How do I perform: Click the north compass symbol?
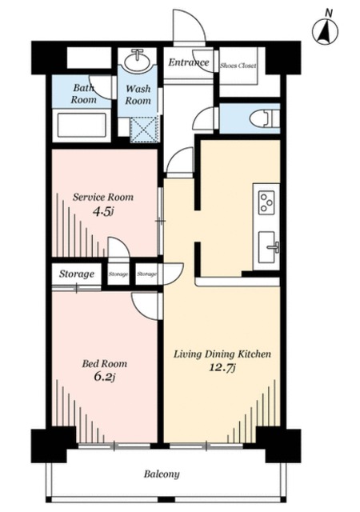click(325, 31)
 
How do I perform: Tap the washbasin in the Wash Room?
click(137, 61)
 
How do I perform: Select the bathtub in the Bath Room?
click(82, 125)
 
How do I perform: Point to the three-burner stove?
click(266, 202)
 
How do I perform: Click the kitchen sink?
click(267, 247)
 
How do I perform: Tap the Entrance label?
click(189, 62)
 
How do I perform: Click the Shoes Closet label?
click(238, 66)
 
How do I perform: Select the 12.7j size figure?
click(222, 368)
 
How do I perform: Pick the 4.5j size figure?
click(103, 212)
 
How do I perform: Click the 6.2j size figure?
click(105, 377)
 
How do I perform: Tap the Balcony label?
click(162, 474)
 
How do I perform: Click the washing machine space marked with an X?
click(144, 130)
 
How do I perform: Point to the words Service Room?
click(103, 198)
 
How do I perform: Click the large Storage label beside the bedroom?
click(77, 274)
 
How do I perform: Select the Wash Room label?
click(138, 94)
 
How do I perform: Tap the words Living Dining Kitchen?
click(222, 354)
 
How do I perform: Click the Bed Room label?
click(105, 364)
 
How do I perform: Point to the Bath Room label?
click(84, 94)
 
